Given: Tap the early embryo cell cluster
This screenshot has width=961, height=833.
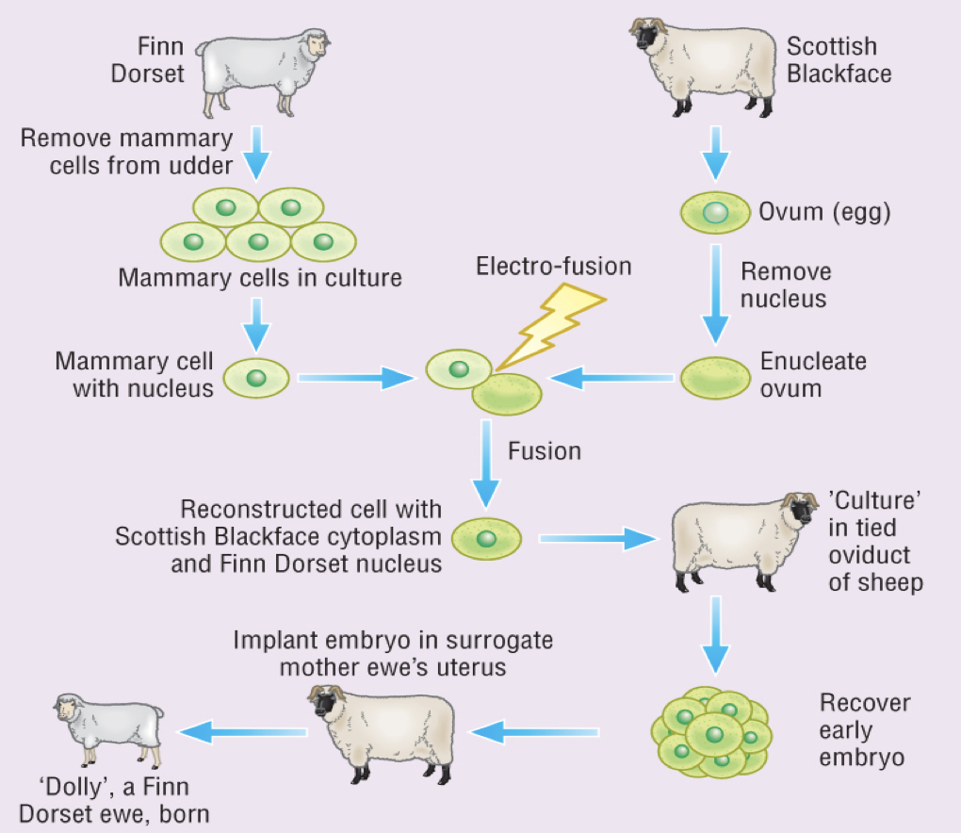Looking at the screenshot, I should tap(711, 730).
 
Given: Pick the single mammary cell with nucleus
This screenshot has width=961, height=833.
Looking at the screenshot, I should tap(254, 378).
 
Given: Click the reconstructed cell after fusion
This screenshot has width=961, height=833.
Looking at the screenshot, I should tap(486, 540).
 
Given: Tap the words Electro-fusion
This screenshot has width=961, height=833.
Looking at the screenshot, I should tap(553, 267).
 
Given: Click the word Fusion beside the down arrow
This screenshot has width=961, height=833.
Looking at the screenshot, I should tap(545, 451).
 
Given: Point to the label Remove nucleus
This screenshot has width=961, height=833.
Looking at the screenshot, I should tap(786, 286).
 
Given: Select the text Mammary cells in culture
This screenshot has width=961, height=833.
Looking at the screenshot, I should tap(260, 278).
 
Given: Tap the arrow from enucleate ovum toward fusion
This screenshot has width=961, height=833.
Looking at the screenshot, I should tap(612, 379).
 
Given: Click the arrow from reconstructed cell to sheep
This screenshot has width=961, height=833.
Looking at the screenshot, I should tap(597, 540).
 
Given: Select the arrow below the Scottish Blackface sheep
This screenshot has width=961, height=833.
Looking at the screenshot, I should tap(716, 152).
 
